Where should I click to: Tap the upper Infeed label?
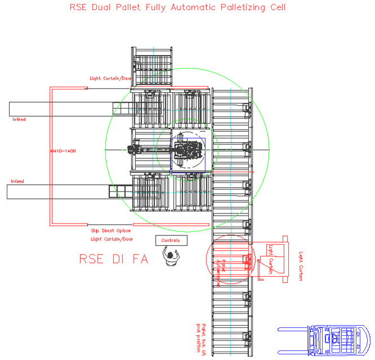coord(19,119)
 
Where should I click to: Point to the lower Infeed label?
coord(17,181)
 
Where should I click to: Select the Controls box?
coord(171,240)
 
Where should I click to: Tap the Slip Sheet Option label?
coord(111,230)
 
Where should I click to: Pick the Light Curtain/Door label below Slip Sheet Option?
coord(111,238)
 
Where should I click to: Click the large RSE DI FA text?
coord(113,259)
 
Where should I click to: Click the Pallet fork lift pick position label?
coord(201,337)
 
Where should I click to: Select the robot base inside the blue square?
coord(188,150)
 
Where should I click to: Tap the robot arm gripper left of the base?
coord(134,150)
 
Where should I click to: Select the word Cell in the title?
coord(277,7)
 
